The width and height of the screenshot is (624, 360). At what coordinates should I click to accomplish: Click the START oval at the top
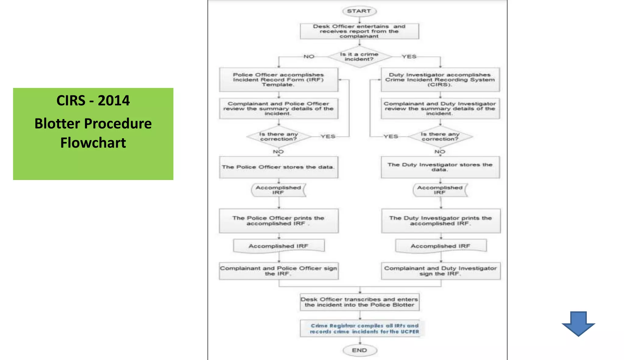(359, 11)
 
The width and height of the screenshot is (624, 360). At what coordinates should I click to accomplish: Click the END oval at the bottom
(360, 350)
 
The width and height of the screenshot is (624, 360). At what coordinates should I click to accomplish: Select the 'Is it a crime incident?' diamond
(359, 57)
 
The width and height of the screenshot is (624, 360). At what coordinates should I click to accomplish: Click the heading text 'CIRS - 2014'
(93, 101)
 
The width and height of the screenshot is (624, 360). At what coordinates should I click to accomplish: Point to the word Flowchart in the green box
(93, 143)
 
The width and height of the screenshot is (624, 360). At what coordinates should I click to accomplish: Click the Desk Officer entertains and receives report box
(359, 31)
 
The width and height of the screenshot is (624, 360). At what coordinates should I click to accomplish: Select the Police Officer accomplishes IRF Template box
(278, 80)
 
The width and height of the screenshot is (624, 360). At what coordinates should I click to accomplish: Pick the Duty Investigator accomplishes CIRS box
(440, 80)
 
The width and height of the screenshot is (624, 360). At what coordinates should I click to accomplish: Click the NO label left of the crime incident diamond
(309, 57)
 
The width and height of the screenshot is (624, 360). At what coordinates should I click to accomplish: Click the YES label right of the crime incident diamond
(409, 57)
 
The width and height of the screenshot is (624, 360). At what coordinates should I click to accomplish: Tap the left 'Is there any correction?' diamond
(278, 137)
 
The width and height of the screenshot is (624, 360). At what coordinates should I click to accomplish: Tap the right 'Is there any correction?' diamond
(440, 137)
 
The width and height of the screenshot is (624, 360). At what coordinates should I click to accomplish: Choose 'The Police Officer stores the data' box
(278, 167)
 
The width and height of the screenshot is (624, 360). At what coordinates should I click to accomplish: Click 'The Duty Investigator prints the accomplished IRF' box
(441, 221)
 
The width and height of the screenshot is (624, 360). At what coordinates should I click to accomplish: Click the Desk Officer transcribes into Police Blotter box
(360, 302)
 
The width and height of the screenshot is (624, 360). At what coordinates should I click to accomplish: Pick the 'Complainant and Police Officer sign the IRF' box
(278, 271)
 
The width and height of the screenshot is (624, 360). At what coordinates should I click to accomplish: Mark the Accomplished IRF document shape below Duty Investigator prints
(441, 246)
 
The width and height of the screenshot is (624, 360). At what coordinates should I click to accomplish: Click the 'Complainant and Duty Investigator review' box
(440, 108)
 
